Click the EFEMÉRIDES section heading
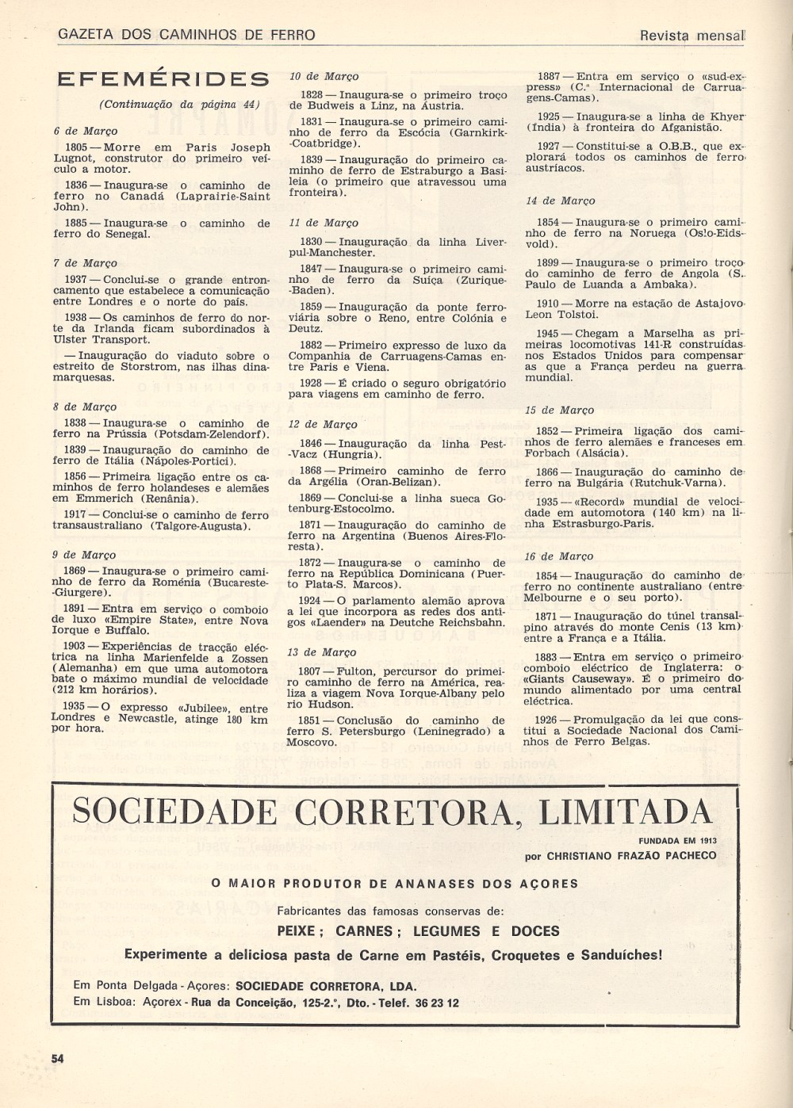[x=163, y=79]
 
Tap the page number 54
[x=57, y=1058]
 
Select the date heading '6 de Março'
[x=86, y=131]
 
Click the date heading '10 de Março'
[x=324, y=76]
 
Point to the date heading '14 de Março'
[x=560, y=201]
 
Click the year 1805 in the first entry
[x=76, y=147]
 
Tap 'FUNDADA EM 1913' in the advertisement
[x=676, y=841]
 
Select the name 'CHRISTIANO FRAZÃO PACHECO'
[x=631, y=856]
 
